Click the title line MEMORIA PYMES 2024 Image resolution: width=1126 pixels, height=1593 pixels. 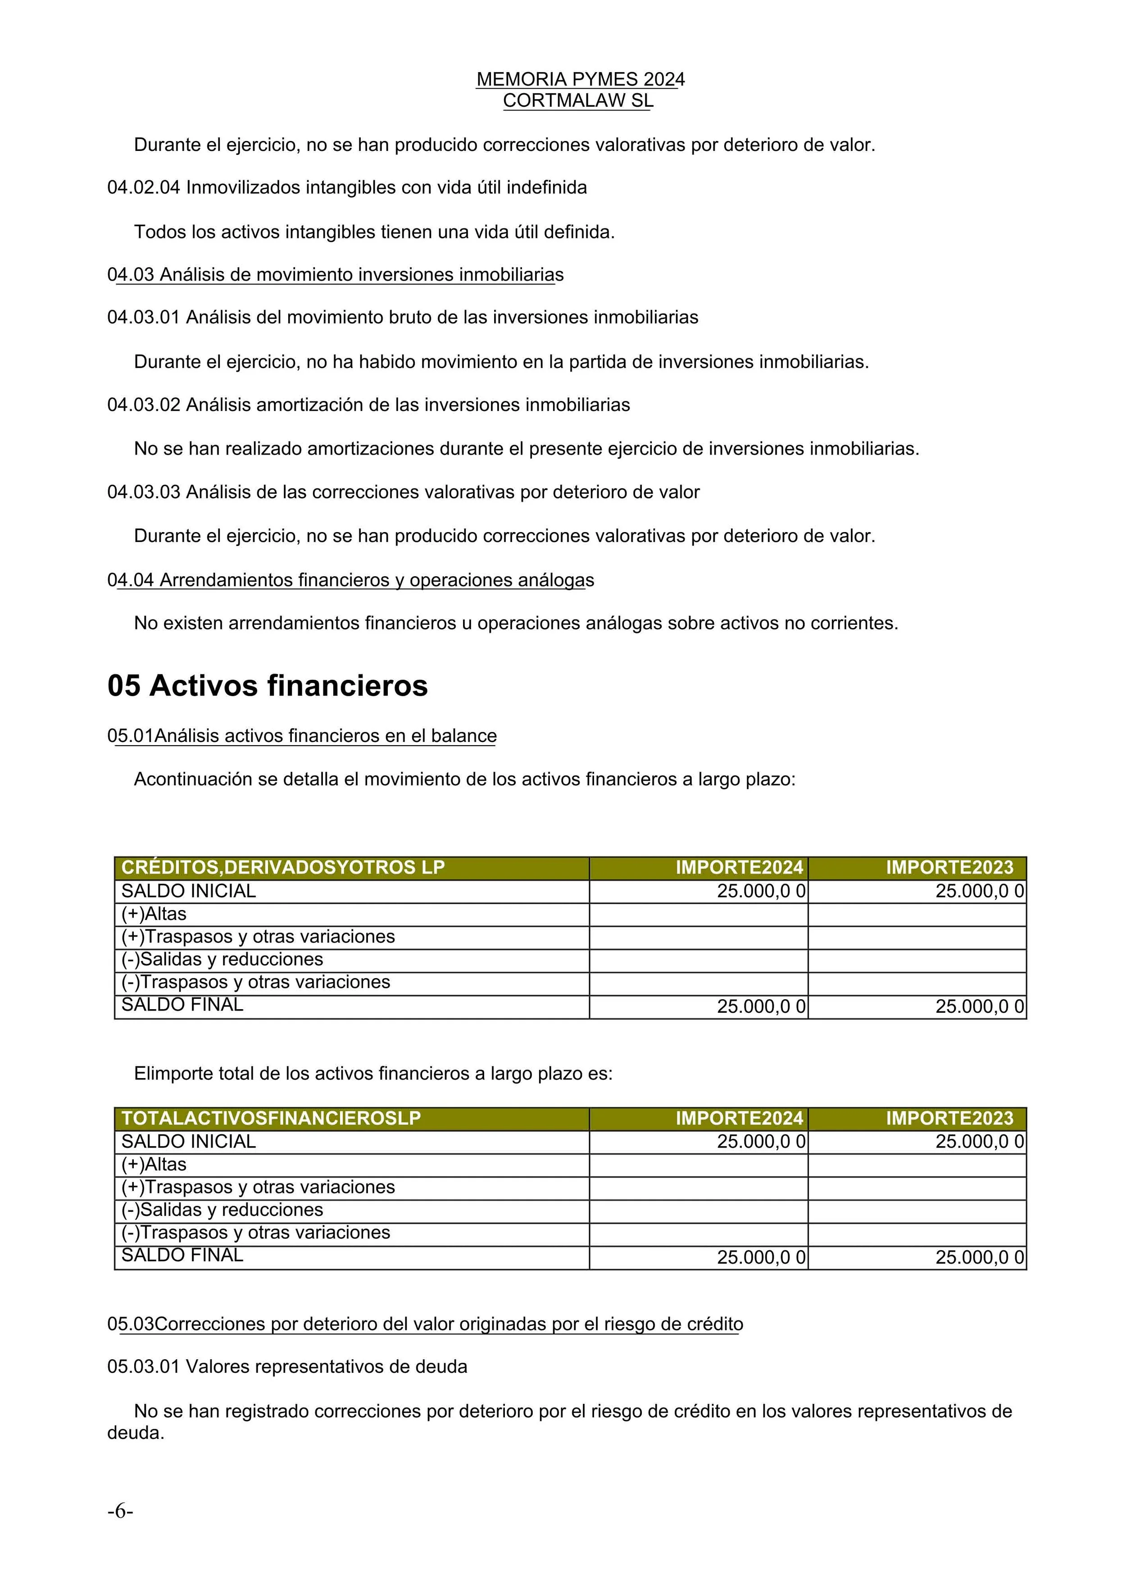[580, 80]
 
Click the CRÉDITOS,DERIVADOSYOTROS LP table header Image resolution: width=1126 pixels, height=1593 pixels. [282, 867]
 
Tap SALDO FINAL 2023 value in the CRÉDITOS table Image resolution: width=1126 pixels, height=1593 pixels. [979, 1007]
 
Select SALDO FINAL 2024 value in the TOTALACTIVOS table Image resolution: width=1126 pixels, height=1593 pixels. [760, 1257]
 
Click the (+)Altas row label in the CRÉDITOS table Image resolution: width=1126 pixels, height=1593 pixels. [154, 914]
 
